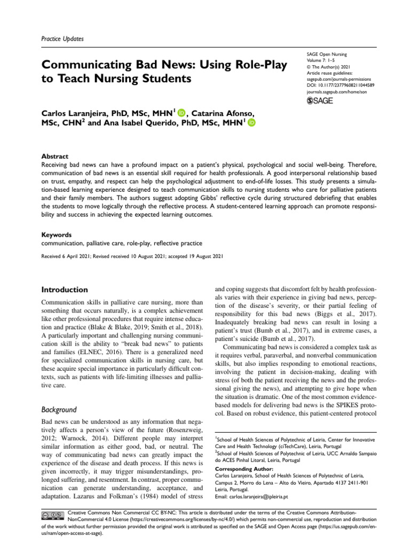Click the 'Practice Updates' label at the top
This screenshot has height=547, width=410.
pos(62,39)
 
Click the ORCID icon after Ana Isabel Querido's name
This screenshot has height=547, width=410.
pos(251,123)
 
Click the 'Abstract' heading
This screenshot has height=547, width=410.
pos(55,157)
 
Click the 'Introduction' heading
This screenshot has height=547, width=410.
pos(65,290)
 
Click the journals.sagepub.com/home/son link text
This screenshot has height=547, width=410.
pos(336,92)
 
